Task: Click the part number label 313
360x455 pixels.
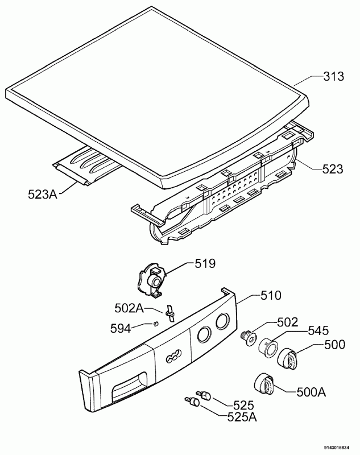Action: [x=334, y=76]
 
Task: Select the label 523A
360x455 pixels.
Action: [x=43, y=195]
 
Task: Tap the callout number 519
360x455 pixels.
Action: [x=205, y=263]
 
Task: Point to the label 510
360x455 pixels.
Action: [x=271, y=295]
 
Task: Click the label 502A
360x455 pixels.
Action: [x=129, y=308]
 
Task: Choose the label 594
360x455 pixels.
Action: [x=121, y=329]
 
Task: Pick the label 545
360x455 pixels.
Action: [x=318, y=330]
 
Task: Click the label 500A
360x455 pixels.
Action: [x=311, y=392]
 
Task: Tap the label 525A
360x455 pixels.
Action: [x=242, y=417]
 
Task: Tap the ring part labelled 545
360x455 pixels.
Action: [x=268, y=348]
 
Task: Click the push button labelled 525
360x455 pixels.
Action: [x=204, y=395]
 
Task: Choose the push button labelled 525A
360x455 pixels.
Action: [x=192, y=402]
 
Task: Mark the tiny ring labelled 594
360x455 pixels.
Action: [x=156, y=323]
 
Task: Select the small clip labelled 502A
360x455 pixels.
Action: [x=169, y=313]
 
